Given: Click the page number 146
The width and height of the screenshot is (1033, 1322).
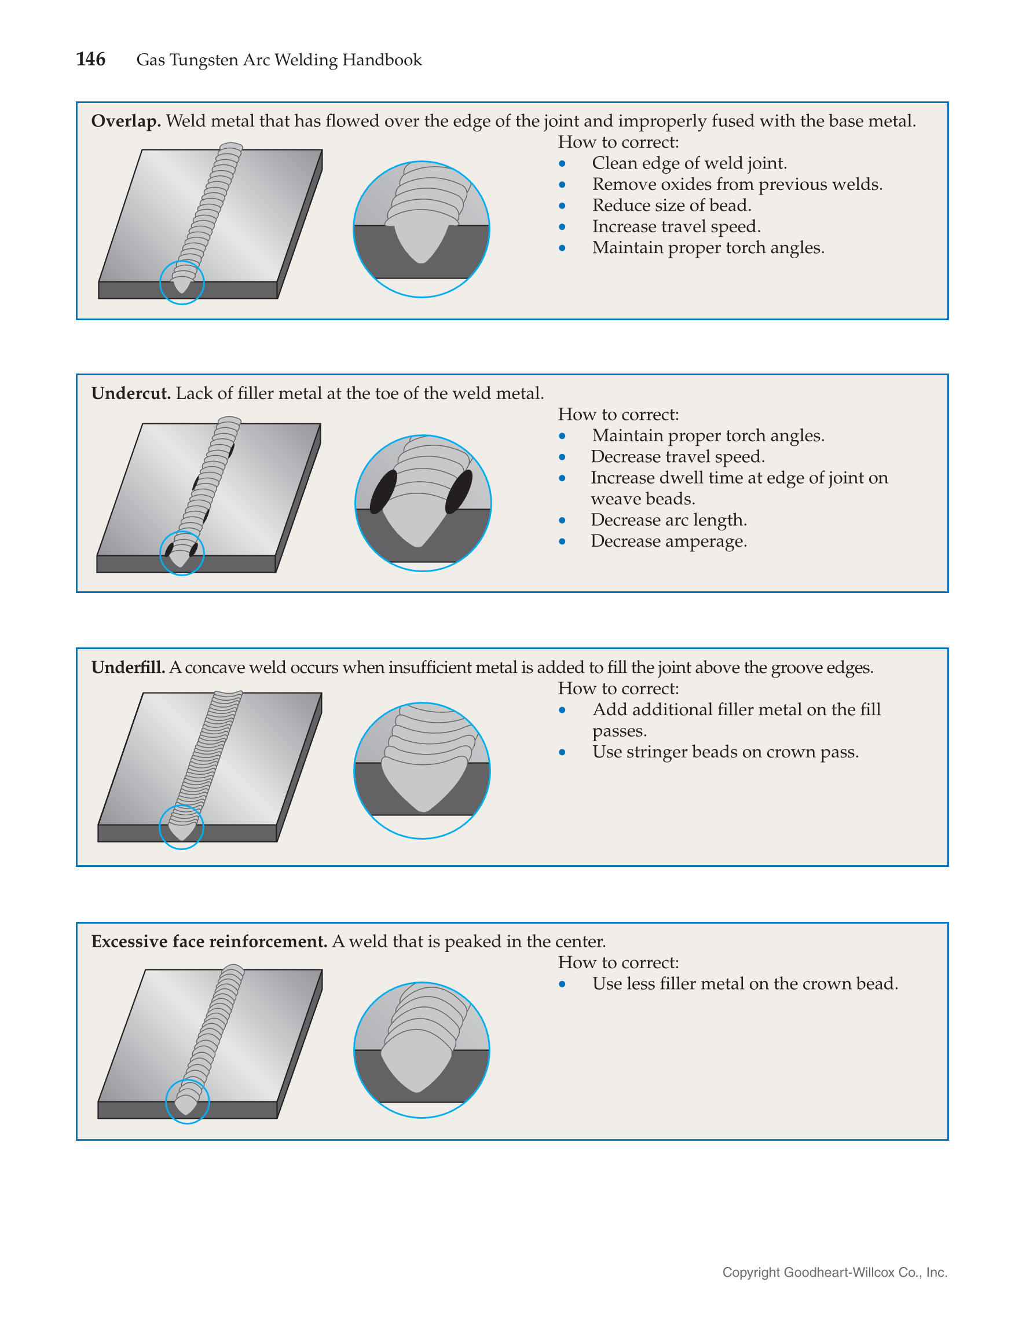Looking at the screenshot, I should tap(91, 59).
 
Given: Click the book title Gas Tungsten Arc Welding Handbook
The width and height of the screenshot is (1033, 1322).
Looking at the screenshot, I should tap(279, 60).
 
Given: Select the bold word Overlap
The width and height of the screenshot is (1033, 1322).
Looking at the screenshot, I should tap(126, 121).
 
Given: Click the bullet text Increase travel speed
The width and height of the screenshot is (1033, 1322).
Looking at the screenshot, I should tap(676, 226).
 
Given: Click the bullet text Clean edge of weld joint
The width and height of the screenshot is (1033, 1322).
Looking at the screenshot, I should tap(689, 163).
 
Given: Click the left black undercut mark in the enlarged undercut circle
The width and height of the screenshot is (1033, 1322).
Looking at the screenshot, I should tap(383, 492).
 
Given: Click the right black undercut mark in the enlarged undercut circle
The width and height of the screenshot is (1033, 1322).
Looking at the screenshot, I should tap(459, 492).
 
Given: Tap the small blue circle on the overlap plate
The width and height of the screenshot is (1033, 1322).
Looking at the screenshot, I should tap(182, 283).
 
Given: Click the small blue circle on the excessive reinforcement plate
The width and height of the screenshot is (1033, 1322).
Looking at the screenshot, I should tap(188, 1101).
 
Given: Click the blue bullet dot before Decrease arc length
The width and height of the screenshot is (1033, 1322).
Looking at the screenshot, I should tap(562, 521).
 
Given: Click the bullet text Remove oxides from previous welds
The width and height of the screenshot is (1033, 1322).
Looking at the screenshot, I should tap(737, 184).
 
